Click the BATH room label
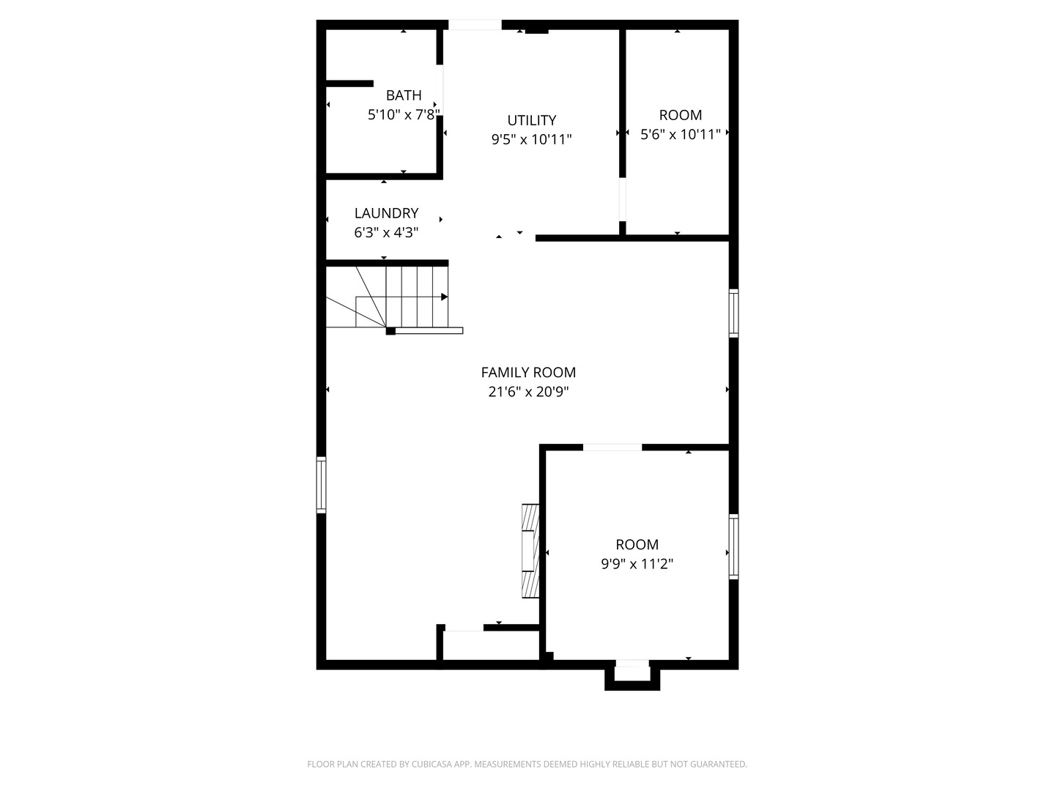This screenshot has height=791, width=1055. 404,95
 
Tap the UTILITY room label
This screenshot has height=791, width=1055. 532,120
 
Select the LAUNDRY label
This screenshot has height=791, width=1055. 386,213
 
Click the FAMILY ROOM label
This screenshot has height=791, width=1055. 528,372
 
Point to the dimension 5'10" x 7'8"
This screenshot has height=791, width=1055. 404,115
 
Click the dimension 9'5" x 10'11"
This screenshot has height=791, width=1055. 532,139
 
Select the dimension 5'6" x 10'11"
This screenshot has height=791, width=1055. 681,134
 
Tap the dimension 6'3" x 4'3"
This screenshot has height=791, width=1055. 386,233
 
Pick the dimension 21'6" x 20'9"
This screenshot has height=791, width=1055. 528,392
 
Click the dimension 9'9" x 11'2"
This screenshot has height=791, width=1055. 637,564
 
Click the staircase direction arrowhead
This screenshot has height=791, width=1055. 444,297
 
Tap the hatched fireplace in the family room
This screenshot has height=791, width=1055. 530,551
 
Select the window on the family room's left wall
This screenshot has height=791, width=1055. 321,485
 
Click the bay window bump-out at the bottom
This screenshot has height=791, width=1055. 632,675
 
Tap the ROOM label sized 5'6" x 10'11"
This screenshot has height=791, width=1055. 681,115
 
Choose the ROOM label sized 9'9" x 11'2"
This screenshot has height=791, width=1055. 637,544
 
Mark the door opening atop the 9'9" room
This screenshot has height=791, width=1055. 612,447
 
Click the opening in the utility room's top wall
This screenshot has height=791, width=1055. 475,25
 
